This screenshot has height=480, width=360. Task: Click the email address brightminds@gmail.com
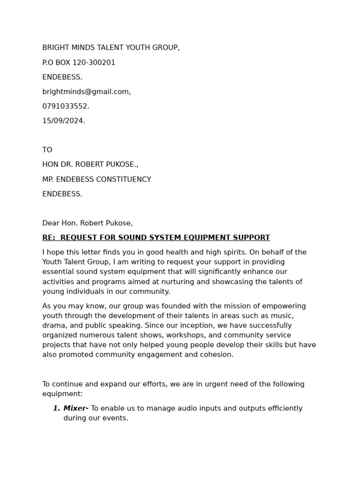click(86, 92)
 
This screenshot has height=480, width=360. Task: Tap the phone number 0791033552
click(65, 106)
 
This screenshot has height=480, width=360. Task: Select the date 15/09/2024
click(63, 121)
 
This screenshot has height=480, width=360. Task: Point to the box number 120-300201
click(94, 63)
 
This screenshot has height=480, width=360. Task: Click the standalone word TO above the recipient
click(47, 150)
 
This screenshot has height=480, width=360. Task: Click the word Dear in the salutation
click(51, 223)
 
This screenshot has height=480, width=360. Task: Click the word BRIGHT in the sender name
click(55, 48)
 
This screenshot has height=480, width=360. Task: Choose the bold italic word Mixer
click(75, 408)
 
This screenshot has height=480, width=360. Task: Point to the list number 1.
click(56, 408)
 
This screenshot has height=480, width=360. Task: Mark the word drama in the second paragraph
click(53, 325)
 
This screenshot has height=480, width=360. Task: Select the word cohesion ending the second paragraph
click(217, 355)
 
